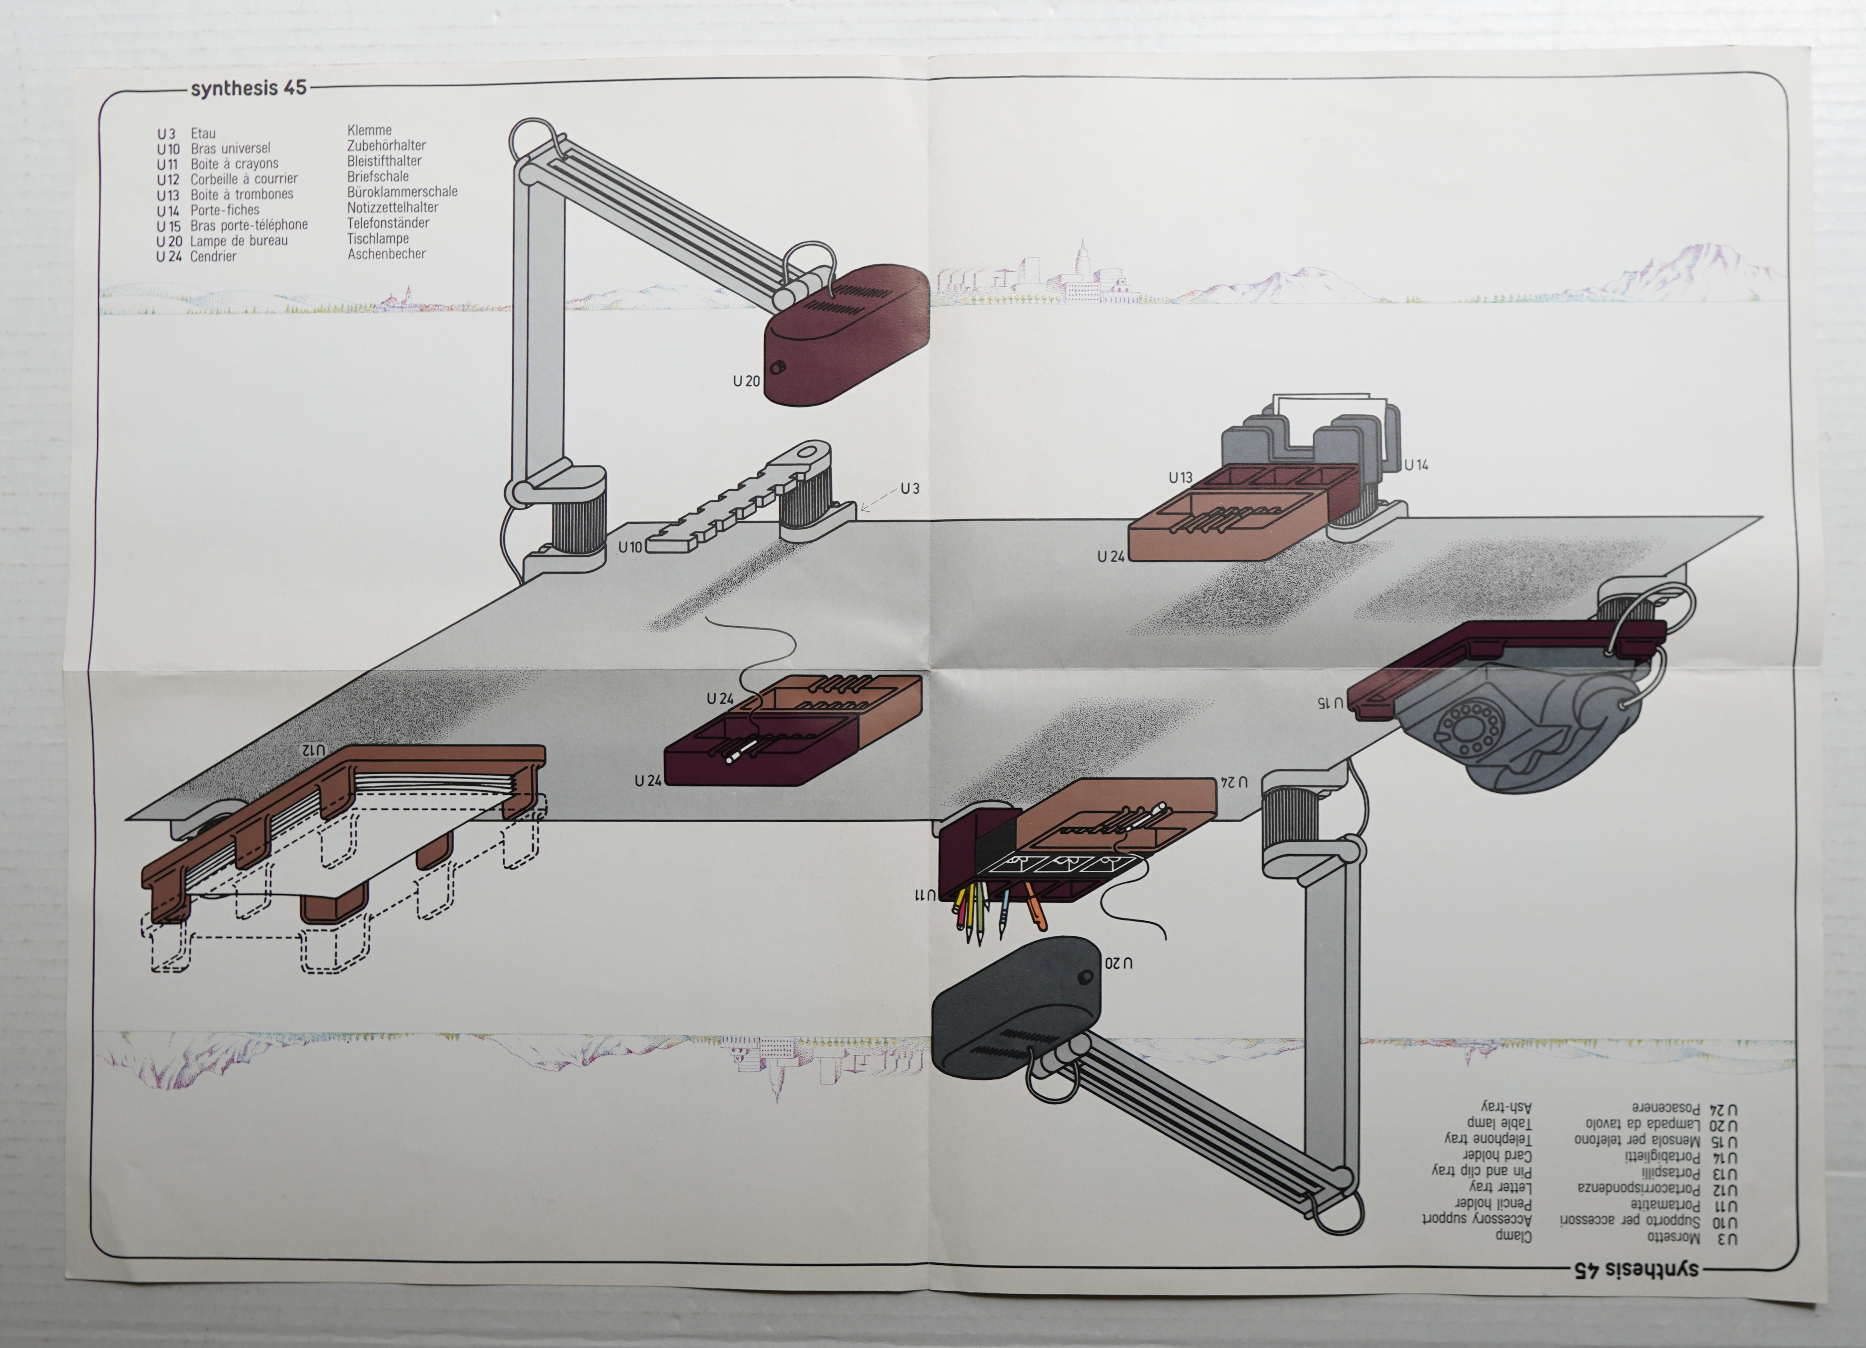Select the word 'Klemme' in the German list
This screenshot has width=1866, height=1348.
click(369, 130)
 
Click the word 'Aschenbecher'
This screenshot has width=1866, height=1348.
click(387, 254)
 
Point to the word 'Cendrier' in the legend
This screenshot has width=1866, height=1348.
click(213, 257)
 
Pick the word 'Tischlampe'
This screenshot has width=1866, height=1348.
click(378, 239)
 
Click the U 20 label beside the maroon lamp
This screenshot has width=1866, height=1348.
click(746, 381)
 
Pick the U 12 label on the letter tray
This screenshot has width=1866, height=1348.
click(314, 750)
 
